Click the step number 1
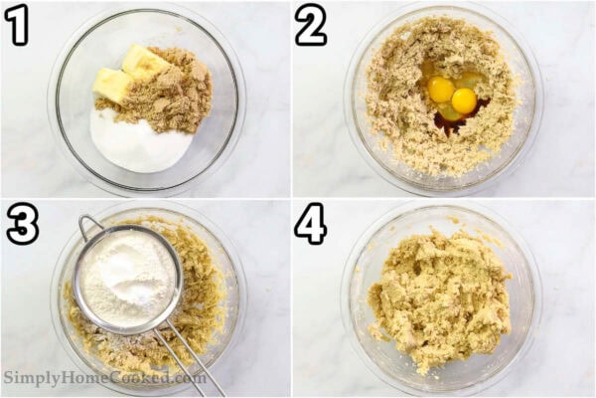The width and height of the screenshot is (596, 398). (x=16, y=25)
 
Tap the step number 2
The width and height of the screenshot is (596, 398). (x=311, y=25)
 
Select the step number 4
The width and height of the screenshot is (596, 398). (x=311, y=225)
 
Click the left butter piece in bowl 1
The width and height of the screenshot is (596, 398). (x=112, y=86)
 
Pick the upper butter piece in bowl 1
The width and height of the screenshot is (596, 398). (x=145, y=62)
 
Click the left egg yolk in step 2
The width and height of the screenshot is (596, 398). (x=441, y=90)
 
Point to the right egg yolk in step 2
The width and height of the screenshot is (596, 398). (x=464, y=99)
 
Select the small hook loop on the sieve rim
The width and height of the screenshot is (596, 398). (x=87, y=223)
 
